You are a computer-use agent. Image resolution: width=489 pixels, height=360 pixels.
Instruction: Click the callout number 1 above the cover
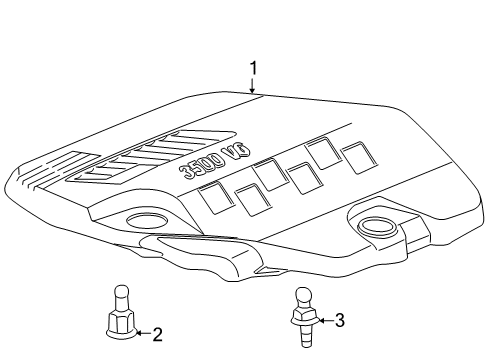tap(253, 68)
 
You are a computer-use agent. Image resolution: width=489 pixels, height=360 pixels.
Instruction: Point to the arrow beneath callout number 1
tap(253, 87)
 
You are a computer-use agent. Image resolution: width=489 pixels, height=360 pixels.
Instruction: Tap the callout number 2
tap(157, 335)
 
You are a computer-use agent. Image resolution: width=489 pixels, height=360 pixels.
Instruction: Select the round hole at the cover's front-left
tap(147, 222)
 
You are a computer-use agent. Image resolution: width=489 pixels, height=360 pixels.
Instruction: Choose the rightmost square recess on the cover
tap(352, 155)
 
